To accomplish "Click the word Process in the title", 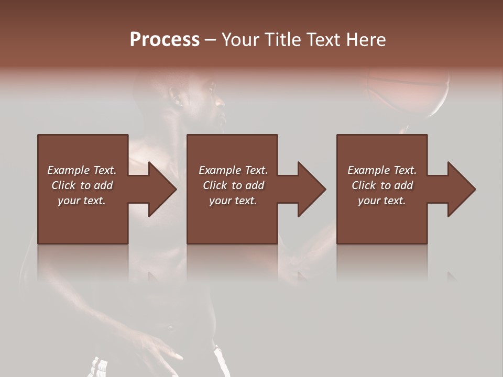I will pos(165,40).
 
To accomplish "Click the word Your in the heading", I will pos(240,40).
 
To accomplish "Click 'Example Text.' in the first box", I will pos(82,170).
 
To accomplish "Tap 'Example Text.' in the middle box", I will pos(233,170).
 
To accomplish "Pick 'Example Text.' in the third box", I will pos(382,170).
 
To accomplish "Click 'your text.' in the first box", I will pos(82,201).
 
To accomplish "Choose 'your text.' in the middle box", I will pos(233,201).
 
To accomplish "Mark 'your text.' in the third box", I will pos(382,201).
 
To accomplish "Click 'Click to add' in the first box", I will pos(82,185).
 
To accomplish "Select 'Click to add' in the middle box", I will pos(233,185).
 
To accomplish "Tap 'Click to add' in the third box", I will pos(382,185).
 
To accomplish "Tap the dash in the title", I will pos(211,40).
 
